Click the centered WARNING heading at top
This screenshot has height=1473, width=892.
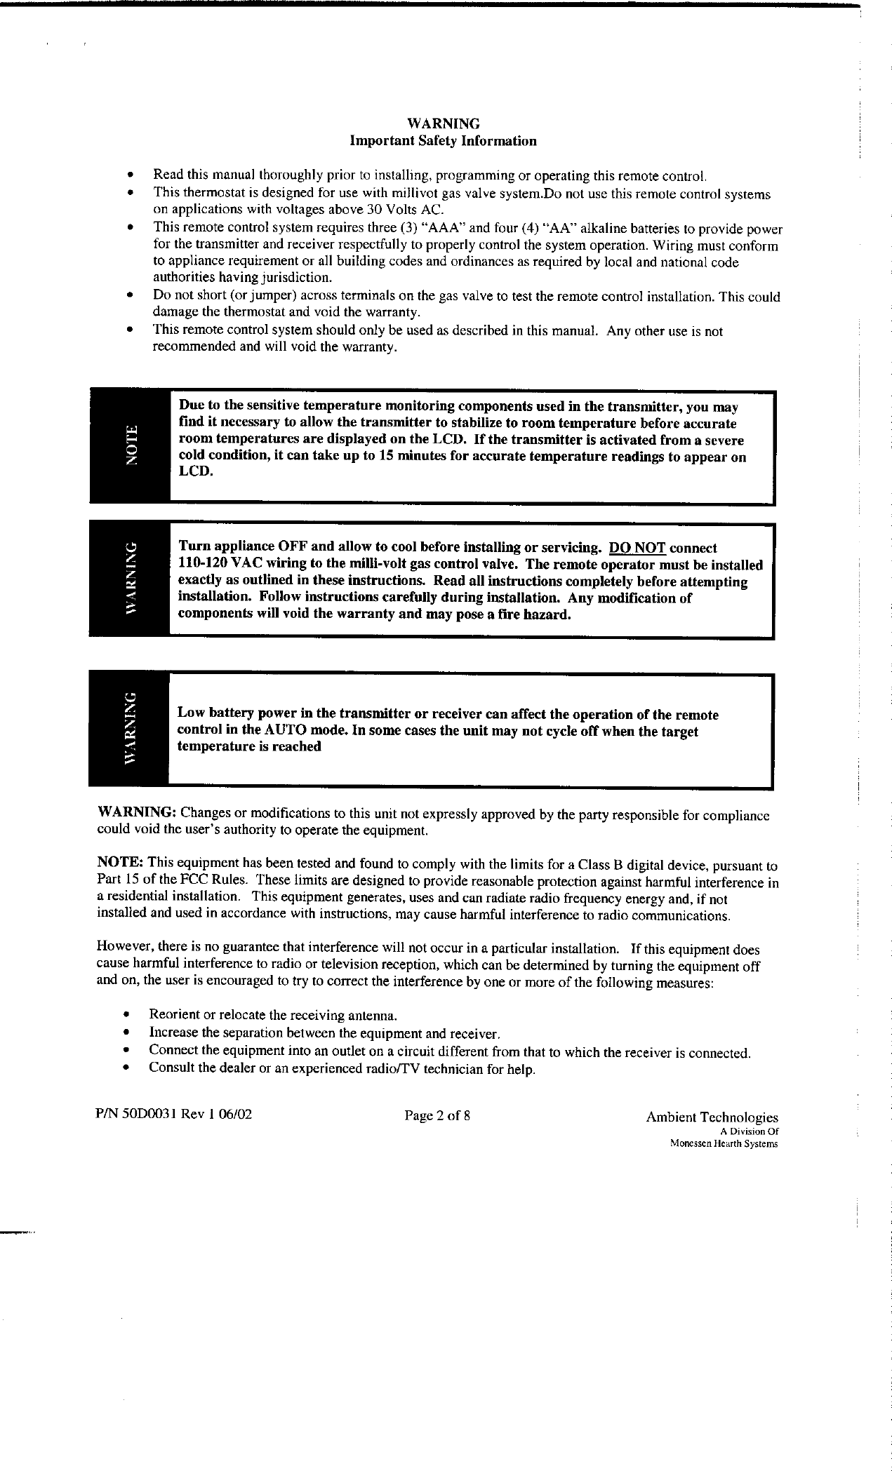[443, 124]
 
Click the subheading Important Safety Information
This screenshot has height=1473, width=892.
[443, 141]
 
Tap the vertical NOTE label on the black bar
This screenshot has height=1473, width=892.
[130, 445]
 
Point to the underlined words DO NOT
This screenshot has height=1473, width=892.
[637, 548]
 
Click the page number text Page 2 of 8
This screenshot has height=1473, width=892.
[437, 1115]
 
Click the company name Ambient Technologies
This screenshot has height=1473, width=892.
[712, 1117]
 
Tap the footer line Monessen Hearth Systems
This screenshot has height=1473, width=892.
[724, 1143]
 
